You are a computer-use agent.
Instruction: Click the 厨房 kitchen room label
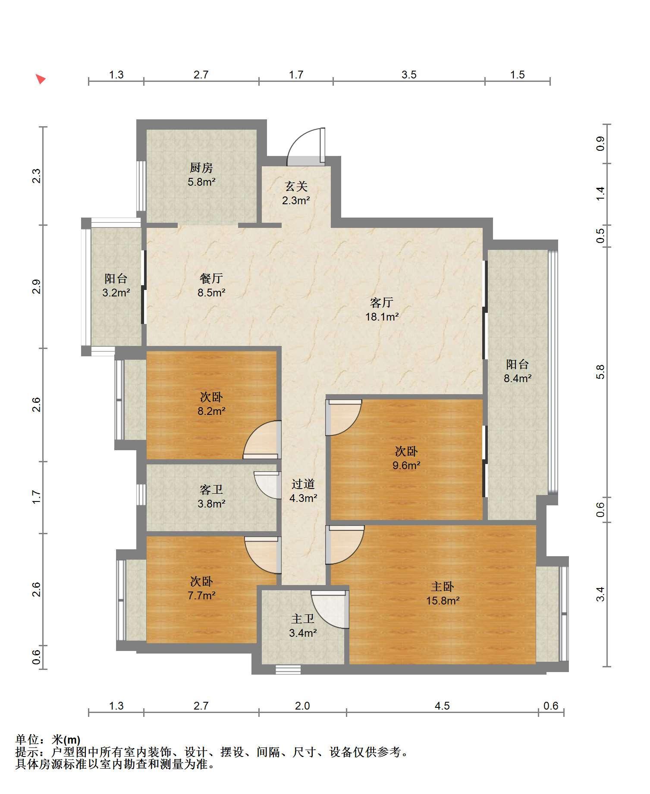(x=201, y=168)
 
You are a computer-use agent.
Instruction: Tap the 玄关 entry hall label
(x=296, y=186)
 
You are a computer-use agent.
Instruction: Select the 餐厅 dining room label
(x=211, y=278)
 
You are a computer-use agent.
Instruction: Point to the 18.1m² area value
(x=382, y=317)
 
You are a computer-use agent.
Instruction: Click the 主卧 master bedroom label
(x=443, y=586)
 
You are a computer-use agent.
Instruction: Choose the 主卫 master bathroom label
(x=303, y=619)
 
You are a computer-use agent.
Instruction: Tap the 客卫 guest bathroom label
(x=211, y=489)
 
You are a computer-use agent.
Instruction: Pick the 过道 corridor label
(x=303, y=484)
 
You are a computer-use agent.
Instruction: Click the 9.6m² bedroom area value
(x=406, y=465)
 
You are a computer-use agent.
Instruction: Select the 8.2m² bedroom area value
(x=212, y=411)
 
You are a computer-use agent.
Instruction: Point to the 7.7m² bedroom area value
(x=201, y=595)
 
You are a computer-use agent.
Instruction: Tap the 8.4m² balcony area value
(x=518, y=378)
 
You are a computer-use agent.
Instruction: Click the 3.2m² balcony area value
(x=116, y=293)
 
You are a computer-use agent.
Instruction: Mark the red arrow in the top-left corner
(x=41, y=79)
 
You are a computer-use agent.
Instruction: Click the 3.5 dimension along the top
(x=409, y=75)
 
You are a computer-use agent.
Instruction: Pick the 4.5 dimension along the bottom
(x=442, y=706)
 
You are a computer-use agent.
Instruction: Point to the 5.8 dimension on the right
(x=600, y=372)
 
